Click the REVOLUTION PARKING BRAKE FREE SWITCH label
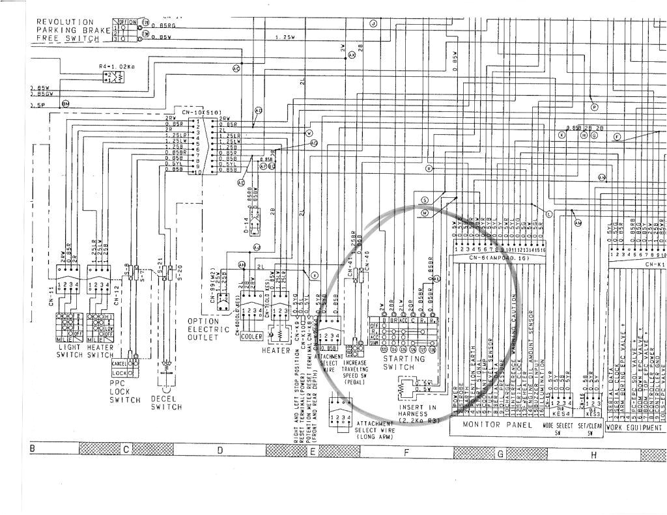pos(68,30)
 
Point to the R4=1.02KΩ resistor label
pos(117,66)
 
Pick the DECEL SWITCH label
pos(166,402)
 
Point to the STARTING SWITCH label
pos(404,363)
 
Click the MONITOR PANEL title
pos(498,425)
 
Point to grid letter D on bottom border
pos(220,450)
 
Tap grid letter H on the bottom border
pos(593,455)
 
